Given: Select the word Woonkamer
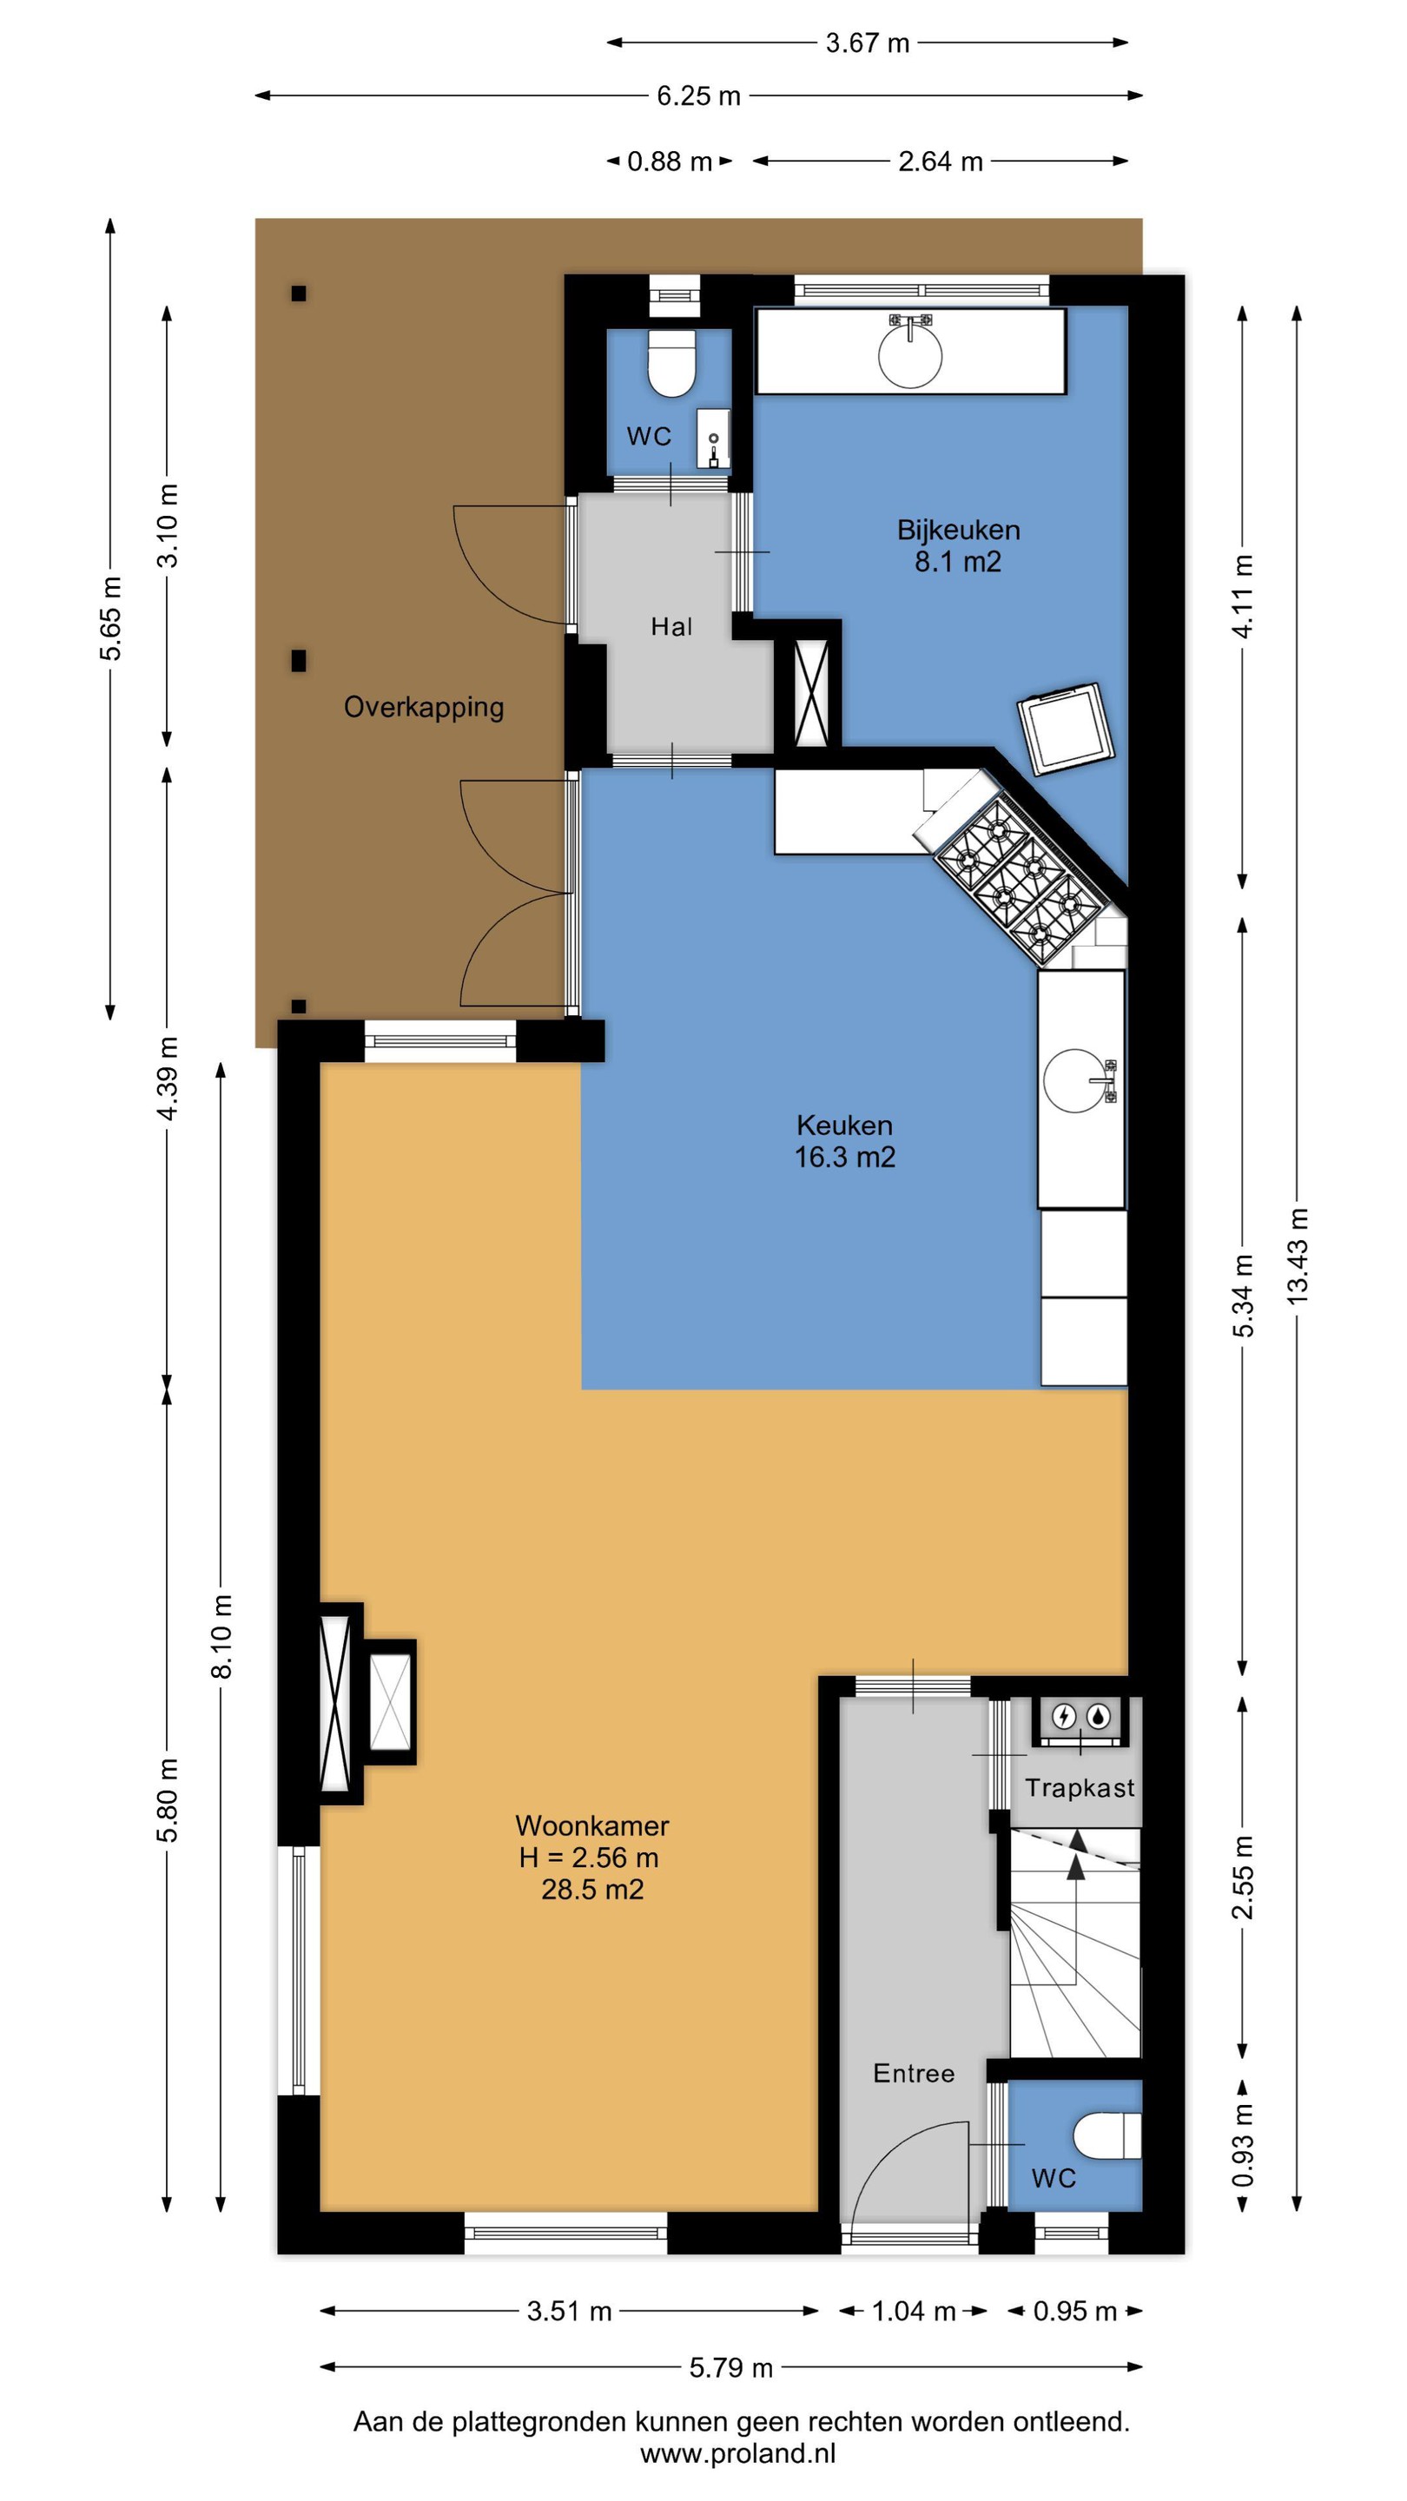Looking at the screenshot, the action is click(591, 1825).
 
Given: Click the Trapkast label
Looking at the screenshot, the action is click(1080, 1787).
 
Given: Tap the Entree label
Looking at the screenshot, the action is click(913, 2073).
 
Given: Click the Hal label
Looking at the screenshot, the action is click(671, 626).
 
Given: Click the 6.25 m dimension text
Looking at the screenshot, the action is click(698, 96).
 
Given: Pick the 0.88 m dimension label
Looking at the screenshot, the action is click(669, 162).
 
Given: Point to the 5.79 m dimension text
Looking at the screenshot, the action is click(730, 2368).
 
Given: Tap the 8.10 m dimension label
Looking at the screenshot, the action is click(221, 1637).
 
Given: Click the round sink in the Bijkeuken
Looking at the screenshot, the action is click(910, 355).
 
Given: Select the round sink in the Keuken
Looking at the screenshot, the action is click(1075, 1079).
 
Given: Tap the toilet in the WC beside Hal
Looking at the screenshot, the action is click(672, 364).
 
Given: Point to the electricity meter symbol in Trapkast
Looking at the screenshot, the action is click(1064, 1718).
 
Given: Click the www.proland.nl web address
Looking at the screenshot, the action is click(738, 2453).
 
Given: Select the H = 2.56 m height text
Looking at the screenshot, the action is click(589, 1858).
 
